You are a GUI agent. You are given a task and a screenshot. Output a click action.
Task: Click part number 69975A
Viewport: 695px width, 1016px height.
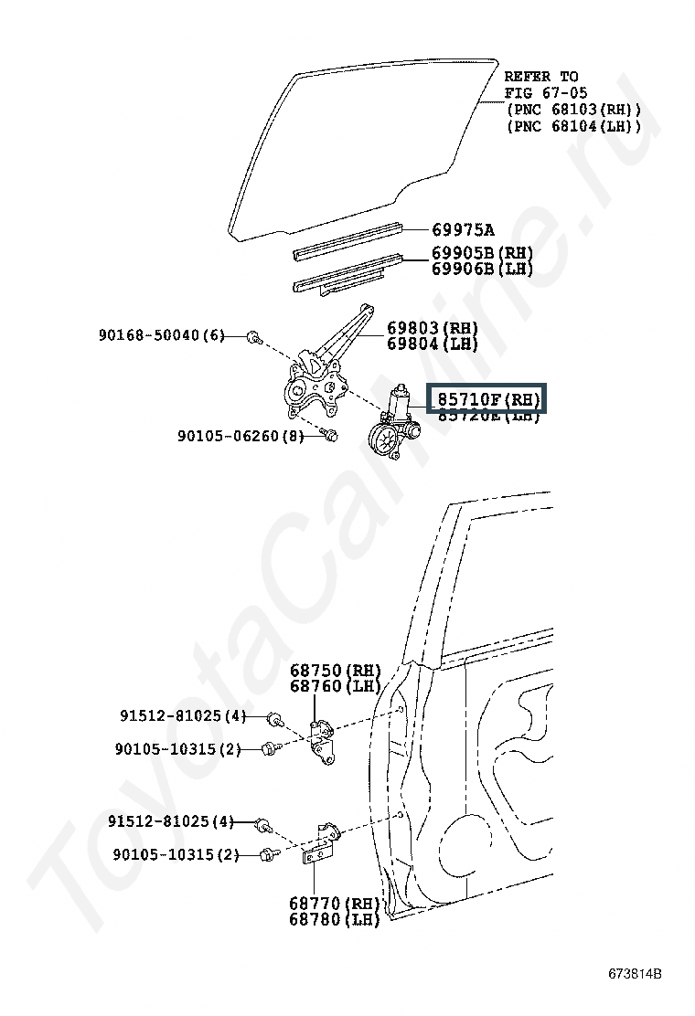[x=463, y=229]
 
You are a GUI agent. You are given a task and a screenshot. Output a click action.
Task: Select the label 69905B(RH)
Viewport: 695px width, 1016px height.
[x=482, y=253]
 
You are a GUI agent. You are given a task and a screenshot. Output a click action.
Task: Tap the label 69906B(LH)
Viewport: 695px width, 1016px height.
[x=482, y=269]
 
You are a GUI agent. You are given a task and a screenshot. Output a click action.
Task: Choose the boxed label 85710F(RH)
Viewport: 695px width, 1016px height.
[x=488, y=399]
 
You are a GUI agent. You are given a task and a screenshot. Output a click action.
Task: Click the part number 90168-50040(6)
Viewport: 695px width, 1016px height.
[x=161, y=335]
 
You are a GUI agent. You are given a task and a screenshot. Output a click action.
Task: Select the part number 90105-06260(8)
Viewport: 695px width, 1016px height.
[x=240, y=437]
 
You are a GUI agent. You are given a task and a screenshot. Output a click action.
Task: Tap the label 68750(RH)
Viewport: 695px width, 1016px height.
[x=335, y=671]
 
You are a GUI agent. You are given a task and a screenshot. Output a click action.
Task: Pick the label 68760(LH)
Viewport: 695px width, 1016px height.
[x=335, y=686]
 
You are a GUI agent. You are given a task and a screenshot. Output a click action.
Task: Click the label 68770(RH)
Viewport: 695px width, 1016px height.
[x=335, y=904]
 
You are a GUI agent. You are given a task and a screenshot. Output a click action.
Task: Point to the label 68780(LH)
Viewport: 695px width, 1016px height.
[x=335, y=919]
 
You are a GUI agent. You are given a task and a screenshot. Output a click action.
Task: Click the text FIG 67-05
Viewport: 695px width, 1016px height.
[x=545, y=93]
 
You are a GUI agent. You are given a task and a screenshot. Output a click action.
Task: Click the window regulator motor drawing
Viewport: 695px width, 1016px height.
[x=393, y=426]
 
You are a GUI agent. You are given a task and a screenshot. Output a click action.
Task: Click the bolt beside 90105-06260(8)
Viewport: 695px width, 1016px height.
[x=330, y=436]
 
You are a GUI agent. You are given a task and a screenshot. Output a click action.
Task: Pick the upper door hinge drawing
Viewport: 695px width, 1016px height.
[x=321, y=738]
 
